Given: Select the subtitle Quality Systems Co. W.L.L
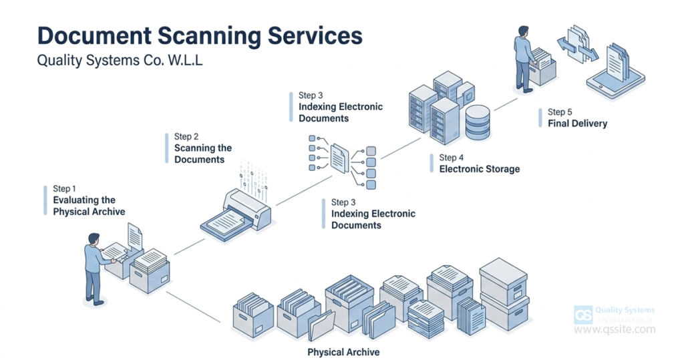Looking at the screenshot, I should (120, 61).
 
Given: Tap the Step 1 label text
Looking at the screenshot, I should (65, 188).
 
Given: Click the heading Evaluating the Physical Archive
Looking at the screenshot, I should (89, 206).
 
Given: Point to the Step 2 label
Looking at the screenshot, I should (186, 136).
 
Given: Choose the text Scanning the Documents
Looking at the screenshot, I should (203, 154).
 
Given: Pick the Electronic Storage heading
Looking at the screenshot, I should (479, 169).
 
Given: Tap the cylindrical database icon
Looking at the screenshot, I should (478, 122).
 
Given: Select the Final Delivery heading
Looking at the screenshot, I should (577, 124).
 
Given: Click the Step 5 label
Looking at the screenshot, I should (560, 112).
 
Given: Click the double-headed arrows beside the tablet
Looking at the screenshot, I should (575, 47).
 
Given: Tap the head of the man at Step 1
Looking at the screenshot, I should (94, 238).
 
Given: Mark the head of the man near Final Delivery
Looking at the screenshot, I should (522, 31).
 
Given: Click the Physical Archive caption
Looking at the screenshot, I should (343, 352).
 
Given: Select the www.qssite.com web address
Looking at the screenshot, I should (615, 329).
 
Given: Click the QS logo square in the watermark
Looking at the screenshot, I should (582, 315).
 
